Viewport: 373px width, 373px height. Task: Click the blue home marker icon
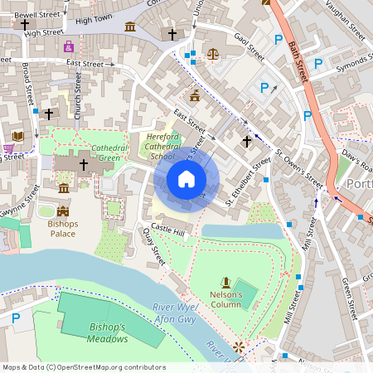point(186,179)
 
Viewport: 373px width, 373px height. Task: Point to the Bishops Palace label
point(62,229)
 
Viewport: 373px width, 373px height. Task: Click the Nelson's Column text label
point(225,299)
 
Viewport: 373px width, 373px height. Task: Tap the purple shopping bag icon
point(69,46)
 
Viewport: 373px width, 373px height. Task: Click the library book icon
point(18,136)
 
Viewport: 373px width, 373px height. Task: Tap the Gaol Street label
point(249,48)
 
